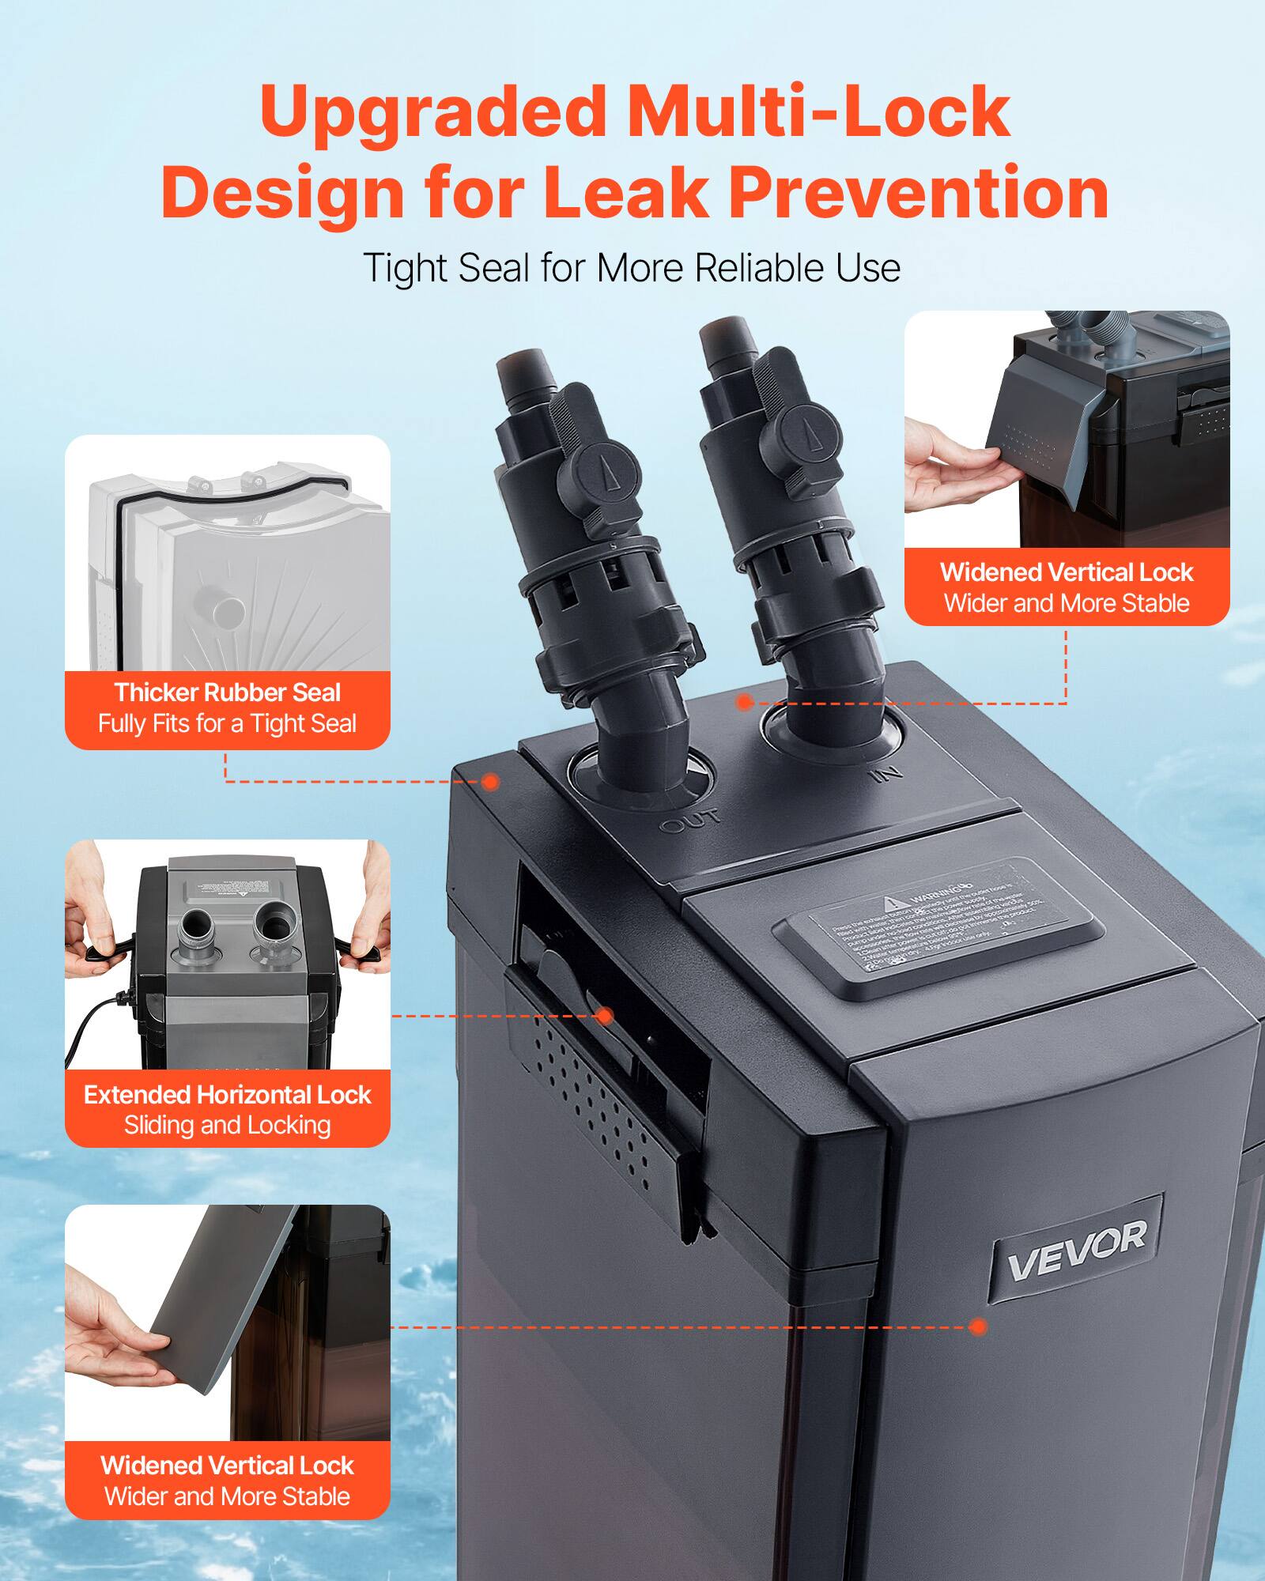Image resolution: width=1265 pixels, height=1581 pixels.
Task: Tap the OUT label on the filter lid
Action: tap(690, 821)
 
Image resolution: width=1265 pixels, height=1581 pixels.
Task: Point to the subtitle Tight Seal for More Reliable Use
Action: tap(632, 268)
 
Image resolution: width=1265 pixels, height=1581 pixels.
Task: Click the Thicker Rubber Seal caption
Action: tap(227, 692)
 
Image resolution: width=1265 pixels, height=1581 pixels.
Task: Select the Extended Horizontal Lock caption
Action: tap(227, 1095)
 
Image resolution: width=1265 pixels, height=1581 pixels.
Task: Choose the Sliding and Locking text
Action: tap(227, 1126)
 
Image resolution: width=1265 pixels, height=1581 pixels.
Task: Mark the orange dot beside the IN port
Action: tap(744, 702)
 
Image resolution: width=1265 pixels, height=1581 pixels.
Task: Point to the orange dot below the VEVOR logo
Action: tap(978, 1327)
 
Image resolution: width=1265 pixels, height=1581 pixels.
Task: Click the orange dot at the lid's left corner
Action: tap(490, 782)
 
